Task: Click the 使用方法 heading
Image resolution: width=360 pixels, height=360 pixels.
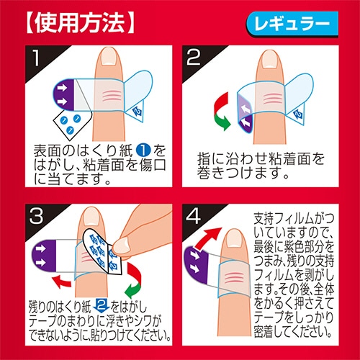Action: [79, 23]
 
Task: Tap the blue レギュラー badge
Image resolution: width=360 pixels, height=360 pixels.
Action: [292, 24]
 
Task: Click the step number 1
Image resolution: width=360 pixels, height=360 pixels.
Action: [36, 58]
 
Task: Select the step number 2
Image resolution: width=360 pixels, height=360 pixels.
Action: [194, 57]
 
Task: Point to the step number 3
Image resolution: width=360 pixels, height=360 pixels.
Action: [36, 216]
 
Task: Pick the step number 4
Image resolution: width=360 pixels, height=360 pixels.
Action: [194, 216]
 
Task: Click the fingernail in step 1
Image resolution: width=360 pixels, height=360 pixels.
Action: [108, 57]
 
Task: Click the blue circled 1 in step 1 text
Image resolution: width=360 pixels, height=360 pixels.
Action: [143, 150]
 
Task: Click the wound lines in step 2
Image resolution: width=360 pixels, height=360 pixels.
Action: [271, 99]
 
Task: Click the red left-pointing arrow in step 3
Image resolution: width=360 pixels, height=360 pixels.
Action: [62, 281]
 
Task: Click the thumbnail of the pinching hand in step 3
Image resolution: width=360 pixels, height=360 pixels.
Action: [122, 246]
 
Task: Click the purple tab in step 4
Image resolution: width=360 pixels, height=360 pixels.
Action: [197, 264]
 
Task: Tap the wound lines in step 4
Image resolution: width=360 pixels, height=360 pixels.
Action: [233, 276]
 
